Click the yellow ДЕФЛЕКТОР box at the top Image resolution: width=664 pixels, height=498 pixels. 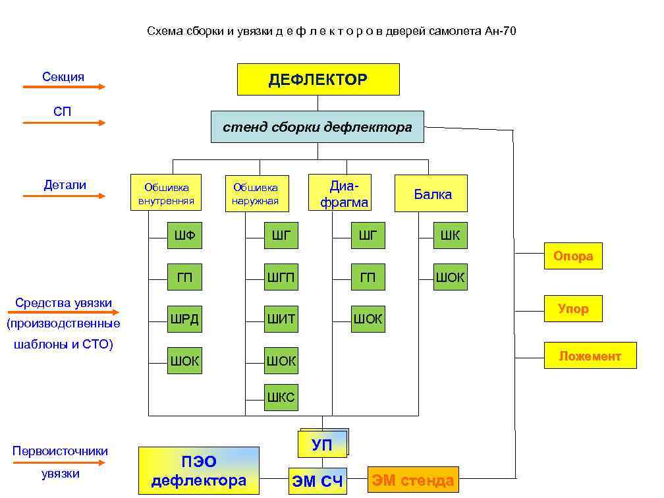(x=318, y=80)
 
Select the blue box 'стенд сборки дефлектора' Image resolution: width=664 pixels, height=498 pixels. (x=317, y=127)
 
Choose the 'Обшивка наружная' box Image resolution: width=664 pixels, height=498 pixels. (x=256, y=194)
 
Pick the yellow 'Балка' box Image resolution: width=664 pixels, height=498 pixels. (x=431, y=194)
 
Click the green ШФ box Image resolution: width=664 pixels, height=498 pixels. (x=184, y=235)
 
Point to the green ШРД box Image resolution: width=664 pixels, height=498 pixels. (x=184, y=319)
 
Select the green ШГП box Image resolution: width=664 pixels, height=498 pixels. (x=281, y=277)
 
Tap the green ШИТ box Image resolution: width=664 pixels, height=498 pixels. (x=281, y=319)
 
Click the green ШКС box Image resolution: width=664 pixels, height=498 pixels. (x=281, y=397)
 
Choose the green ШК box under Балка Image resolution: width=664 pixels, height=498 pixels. (x=451, y=235)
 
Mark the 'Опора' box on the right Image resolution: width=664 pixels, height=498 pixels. (x=573, y=256)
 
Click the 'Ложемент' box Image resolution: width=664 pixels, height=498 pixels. (x=590, y=356)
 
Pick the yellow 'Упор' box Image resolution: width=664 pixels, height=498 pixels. (x=573, y=308)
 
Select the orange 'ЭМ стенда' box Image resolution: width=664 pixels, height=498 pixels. (x=413, y=480)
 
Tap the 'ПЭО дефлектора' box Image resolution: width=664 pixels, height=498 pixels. (x=198, y=470)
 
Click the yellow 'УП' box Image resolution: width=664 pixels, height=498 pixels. (x=321, y=445)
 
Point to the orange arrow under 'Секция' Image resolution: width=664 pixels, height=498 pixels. (x=64, y=86)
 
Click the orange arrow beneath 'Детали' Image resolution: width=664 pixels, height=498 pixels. (x=64, y=196)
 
